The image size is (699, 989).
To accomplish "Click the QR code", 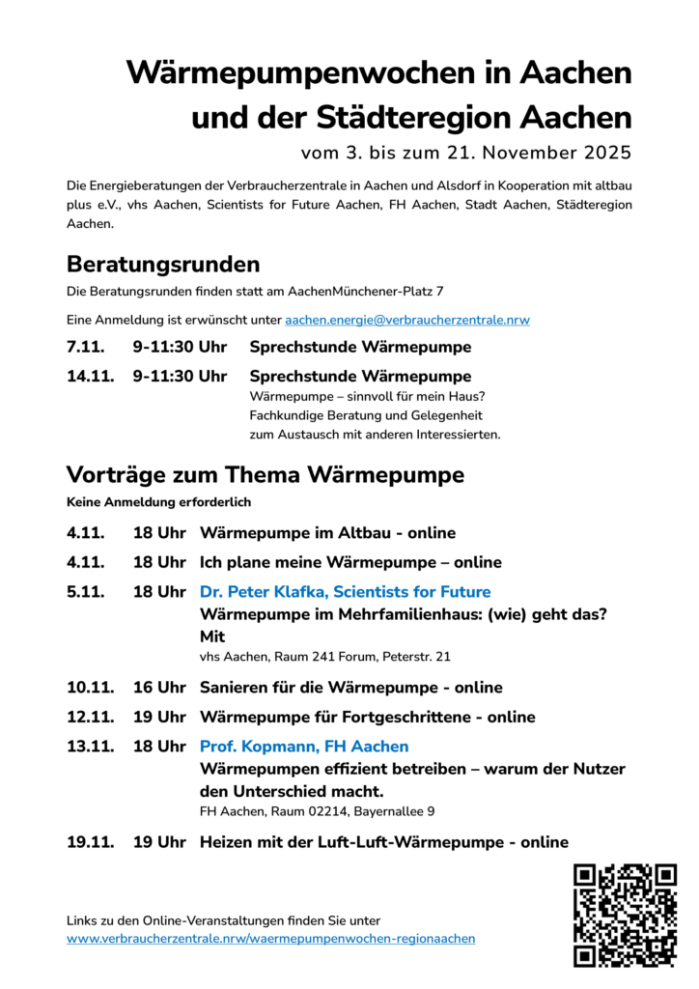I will click(x=625, y=915).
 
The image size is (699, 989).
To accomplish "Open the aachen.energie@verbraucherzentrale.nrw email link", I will click(x=406, y=320).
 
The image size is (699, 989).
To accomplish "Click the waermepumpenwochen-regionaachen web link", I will click(x=270, y=939).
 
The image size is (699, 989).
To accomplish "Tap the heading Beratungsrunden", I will click(x=163, y=264).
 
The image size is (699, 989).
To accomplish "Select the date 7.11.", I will click(x=86, y=347).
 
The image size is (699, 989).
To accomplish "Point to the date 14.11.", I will click(x=91, y=376).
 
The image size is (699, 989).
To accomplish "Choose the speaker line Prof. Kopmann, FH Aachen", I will click(x=304, y=747).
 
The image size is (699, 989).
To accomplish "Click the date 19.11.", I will click(x=91, y=842).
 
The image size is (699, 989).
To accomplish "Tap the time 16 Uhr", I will click(x=159, y=688).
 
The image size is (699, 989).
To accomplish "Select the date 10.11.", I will click(x=91, y=688).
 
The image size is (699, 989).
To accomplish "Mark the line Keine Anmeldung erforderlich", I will click(x=158, y=502).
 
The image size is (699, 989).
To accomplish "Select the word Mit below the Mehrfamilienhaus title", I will click(x=212, y=636).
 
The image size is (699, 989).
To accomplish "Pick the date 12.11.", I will click(x=91, y=717).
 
